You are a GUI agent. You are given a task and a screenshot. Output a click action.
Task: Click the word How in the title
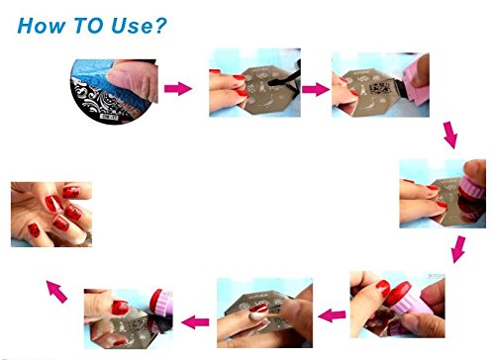[41, 26]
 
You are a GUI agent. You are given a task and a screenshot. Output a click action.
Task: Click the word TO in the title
[89, 26]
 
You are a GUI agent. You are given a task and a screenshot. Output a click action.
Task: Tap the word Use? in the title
[139, 26]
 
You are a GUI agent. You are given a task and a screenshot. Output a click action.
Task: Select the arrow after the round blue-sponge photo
[178, 88]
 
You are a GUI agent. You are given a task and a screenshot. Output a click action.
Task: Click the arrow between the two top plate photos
[316, 89]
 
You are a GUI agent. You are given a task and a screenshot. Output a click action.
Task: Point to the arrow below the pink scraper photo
[450, 135]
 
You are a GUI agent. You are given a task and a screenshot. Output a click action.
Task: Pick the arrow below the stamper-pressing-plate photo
[458, 249]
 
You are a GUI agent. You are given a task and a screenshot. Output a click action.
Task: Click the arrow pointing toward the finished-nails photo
[56, 292]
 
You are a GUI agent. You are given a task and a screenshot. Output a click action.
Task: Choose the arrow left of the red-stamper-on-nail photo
[332, 315]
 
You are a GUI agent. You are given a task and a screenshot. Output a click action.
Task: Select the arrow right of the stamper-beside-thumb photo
[195, 321]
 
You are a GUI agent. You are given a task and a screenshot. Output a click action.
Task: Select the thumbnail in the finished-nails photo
[34, 230]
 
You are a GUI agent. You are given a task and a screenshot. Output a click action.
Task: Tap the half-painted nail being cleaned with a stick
[258, 313]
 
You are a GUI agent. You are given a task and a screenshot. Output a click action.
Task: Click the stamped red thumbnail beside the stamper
[120, 308]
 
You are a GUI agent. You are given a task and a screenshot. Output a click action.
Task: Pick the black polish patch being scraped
[379, 88]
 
